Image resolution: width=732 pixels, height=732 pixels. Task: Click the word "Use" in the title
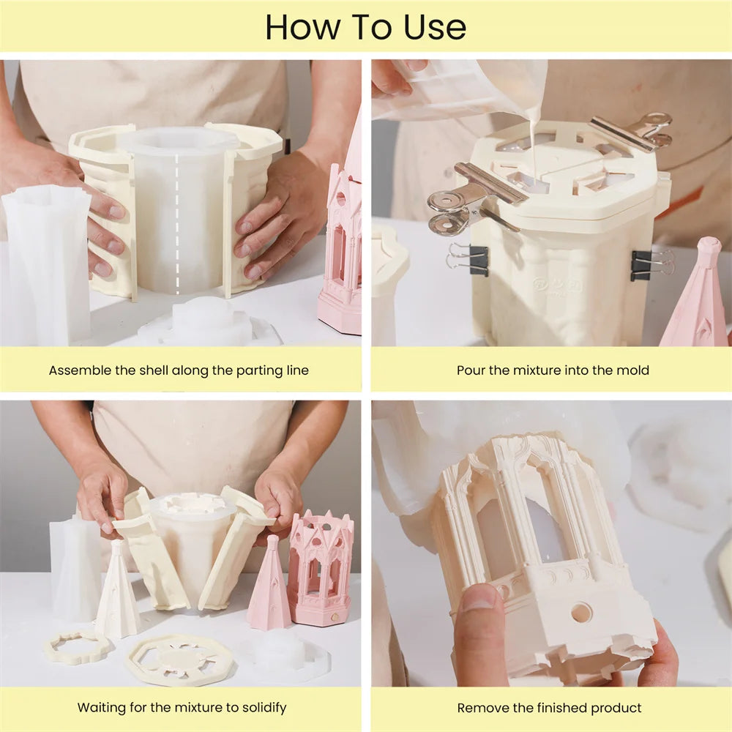coord(435,28)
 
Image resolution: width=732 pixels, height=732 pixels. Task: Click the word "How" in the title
coord(302,28)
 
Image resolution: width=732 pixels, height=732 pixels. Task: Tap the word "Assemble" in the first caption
coord(81,370)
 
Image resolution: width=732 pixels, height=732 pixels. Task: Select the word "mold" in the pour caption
coord(632,370)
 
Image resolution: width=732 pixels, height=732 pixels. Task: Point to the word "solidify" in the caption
coord(261,708)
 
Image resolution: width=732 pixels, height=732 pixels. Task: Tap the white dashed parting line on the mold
coord(177,224)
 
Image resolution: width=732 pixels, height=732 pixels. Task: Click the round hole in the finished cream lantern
coord(582,613)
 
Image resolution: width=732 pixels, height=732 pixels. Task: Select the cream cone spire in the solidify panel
coord(118,591)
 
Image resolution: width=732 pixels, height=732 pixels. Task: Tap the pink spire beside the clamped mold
coord(697,294)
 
